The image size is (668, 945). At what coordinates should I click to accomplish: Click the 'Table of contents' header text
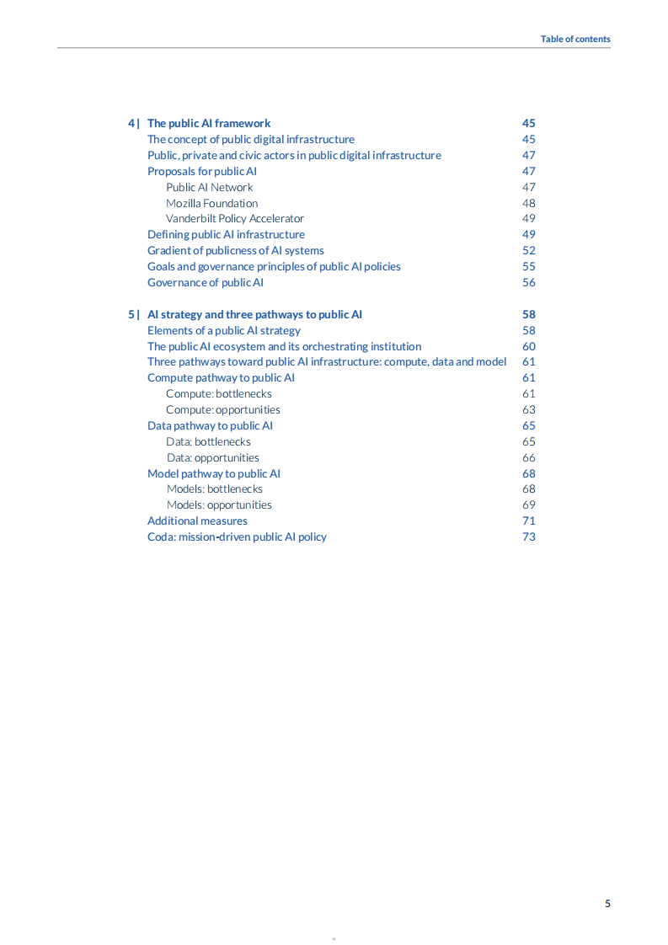(575, 39)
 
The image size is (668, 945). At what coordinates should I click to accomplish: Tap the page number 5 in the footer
(607, 904)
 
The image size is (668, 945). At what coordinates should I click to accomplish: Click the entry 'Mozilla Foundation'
(211, 203)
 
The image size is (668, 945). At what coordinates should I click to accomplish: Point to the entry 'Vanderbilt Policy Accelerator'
(234, 219)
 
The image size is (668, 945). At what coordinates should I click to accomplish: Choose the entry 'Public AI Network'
(209, 187)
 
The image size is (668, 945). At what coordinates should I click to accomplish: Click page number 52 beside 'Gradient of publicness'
(528, 250)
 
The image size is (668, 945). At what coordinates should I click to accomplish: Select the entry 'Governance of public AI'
(205, 282)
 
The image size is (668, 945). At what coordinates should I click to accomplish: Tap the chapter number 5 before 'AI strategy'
(131, 314)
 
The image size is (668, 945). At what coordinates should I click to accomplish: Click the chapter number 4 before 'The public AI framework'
(131, 123)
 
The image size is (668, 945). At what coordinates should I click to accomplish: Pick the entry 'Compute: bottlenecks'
(218, 393)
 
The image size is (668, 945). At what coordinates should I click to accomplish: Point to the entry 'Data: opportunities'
(212, 457)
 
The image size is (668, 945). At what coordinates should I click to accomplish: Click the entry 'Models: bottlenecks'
(214, 489)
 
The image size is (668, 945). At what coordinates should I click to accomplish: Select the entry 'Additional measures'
(197, 521)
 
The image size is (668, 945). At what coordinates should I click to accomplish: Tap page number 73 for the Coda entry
(528, 537)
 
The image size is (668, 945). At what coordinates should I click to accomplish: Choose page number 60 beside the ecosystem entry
(528, 346)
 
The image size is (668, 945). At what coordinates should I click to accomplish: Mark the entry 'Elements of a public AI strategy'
(223, 330)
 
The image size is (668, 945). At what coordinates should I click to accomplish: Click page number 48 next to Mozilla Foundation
(528, 203)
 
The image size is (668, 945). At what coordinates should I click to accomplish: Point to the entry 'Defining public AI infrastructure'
(226, 234)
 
